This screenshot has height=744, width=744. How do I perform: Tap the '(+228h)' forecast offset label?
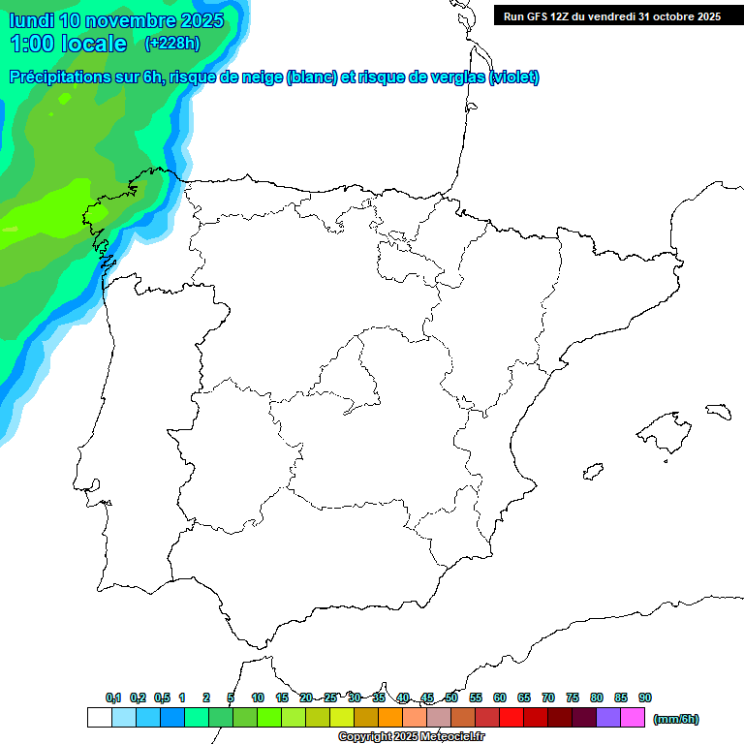(x=171, y=43)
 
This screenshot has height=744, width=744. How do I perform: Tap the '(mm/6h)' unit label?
(x=675, y=719)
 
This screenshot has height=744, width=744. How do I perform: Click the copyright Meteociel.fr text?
(x=411, y=737)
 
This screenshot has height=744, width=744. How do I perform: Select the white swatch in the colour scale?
(x=99, y=718)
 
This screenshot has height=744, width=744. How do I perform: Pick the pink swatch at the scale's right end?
(x=633, y=718)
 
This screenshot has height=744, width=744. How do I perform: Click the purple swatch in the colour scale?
(x=608, y=718)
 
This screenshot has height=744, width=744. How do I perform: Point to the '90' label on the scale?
(x=645, y=698)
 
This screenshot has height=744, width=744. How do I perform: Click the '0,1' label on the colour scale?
(x=113, y=698)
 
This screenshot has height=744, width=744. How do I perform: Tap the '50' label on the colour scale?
(x=451, y=698)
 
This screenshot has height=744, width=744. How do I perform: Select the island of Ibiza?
(x=592, y=472)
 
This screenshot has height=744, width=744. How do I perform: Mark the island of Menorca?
(x=718, y=411)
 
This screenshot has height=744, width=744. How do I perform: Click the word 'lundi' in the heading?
(x=32, y=20)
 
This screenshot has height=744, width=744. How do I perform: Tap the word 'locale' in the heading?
(x=94, y=44)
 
